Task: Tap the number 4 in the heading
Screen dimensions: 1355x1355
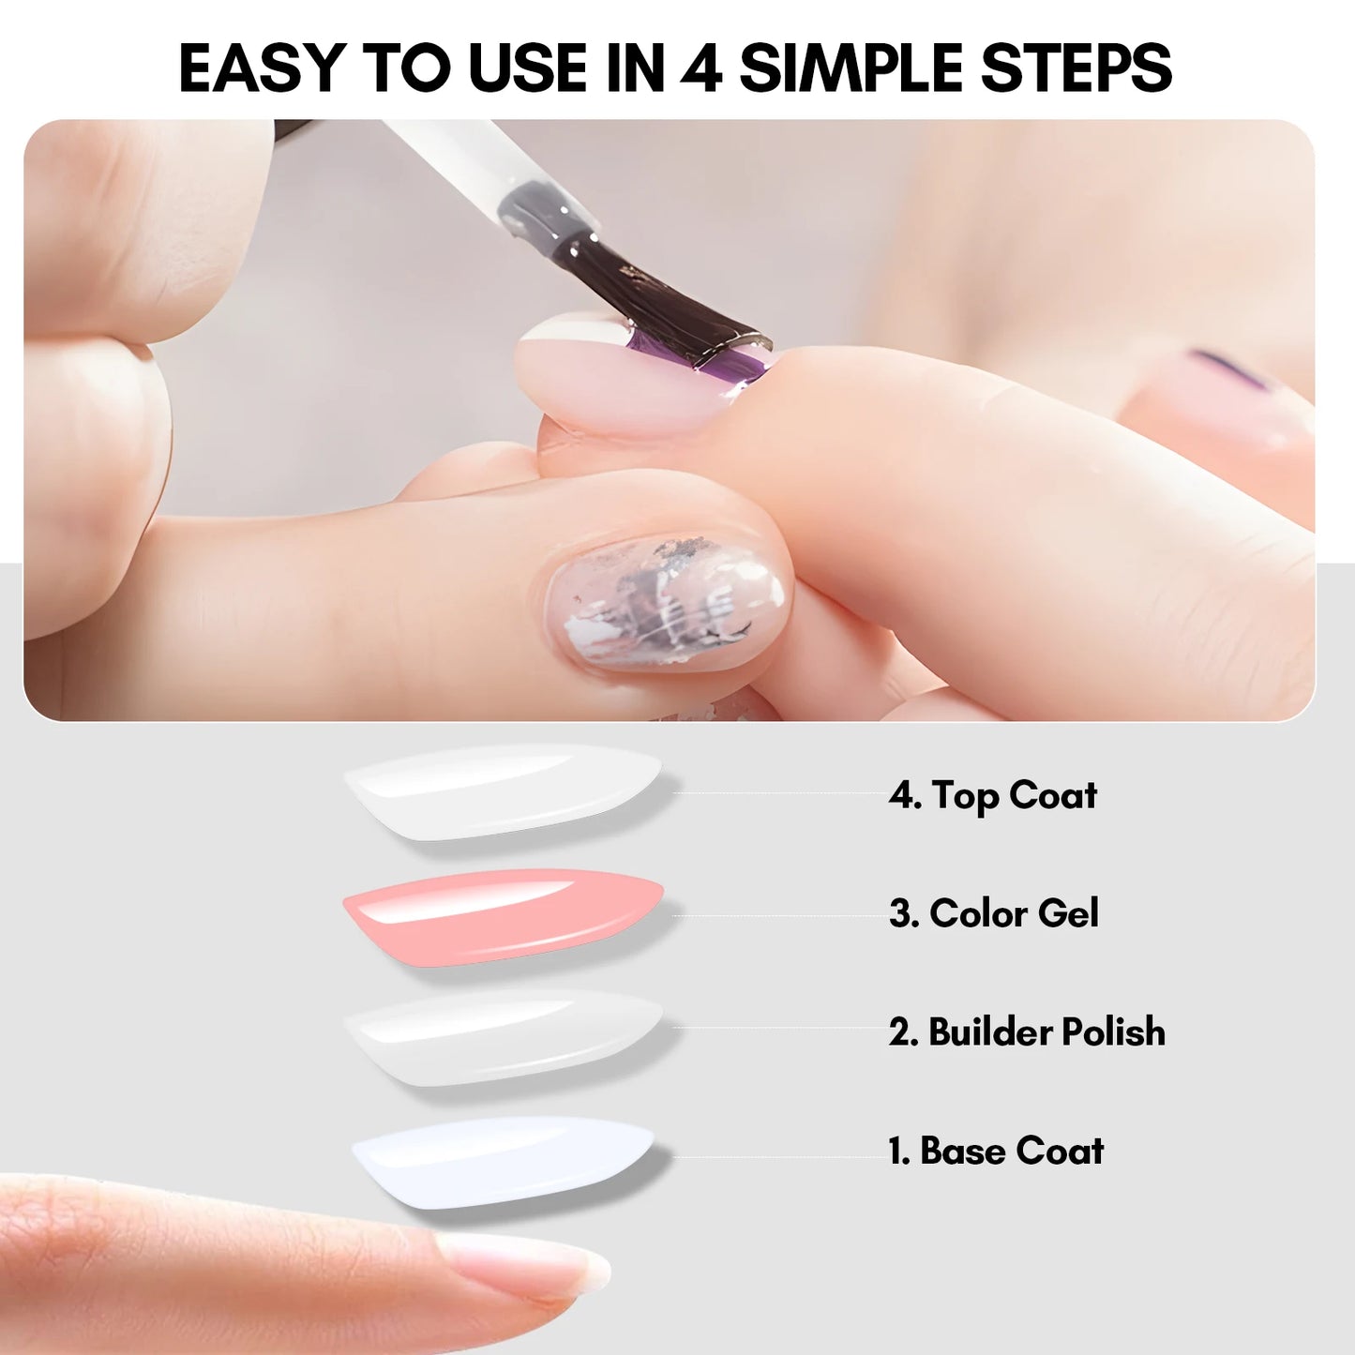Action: pos(700,68)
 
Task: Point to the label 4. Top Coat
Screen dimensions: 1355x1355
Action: pos(992,795)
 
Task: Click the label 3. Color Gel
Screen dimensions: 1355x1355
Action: pos(993,913)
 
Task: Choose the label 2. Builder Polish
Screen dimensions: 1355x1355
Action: pos(1027,1031)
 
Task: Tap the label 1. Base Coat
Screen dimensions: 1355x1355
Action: pos(996,1152)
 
